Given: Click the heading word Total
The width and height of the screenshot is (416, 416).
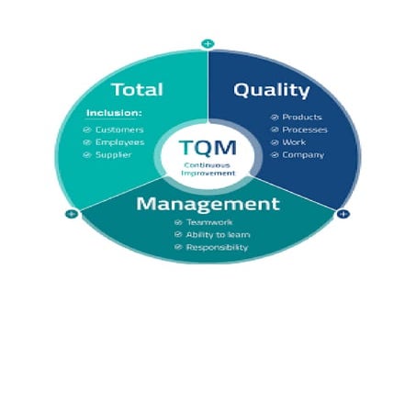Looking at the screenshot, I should tap(137, 90).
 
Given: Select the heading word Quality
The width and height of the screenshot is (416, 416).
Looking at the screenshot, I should tap(271, 90).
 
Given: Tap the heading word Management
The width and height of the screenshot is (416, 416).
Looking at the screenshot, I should tap(208, 203).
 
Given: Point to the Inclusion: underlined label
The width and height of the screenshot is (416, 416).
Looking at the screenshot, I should tap(114, 114).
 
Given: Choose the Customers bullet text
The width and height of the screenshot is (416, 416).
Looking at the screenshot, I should tap(119, 129).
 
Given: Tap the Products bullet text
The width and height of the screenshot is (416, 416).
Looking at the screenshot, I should tap(302, 118).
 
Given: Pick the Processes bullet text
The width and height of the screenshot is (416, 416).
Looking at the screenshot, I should tap(305, 129).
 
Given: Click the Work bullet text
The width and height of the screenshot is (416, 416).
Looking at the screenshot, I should tap(295, 142).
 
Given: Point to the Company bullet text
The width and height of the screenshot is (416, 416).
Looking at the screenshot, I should tap(303, 155).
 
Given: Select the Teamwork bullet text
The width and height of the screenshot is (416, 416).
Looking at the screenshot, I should tap(209, 222).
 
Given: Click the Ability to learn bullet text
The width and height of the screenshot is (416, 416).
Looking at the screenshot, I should tap(218, 234).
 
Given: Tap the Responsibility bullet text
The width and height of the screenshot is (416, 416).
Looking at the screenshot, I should tap(217, 247).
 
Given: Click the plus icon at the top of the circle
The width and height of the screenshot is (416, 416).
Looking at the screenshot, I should tap(208, 43).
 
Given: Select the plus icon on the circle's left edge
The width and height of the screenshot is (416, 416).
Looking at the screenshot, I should tap(72, 214).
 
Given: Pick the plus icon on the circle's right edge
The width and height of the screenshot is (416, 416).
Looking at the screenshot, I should tap(343, 214).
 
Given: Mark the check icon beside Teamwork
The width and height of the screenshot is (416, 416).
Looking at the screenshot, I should tap(177, 222).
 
